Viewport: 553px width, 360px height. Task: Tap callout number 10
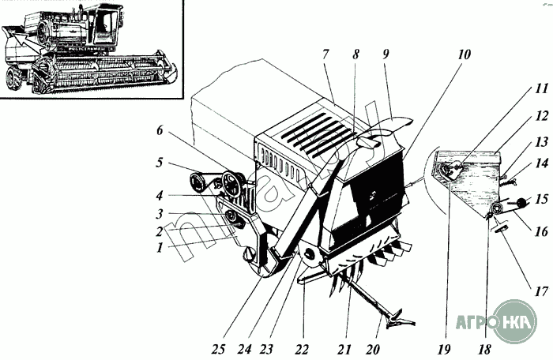click(x=464, y=55)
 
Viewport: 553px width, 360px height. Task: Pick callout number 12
click(x=519, y=115)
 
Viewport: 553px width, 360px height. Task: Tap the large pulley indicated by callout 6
click(x=235, y=186)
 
